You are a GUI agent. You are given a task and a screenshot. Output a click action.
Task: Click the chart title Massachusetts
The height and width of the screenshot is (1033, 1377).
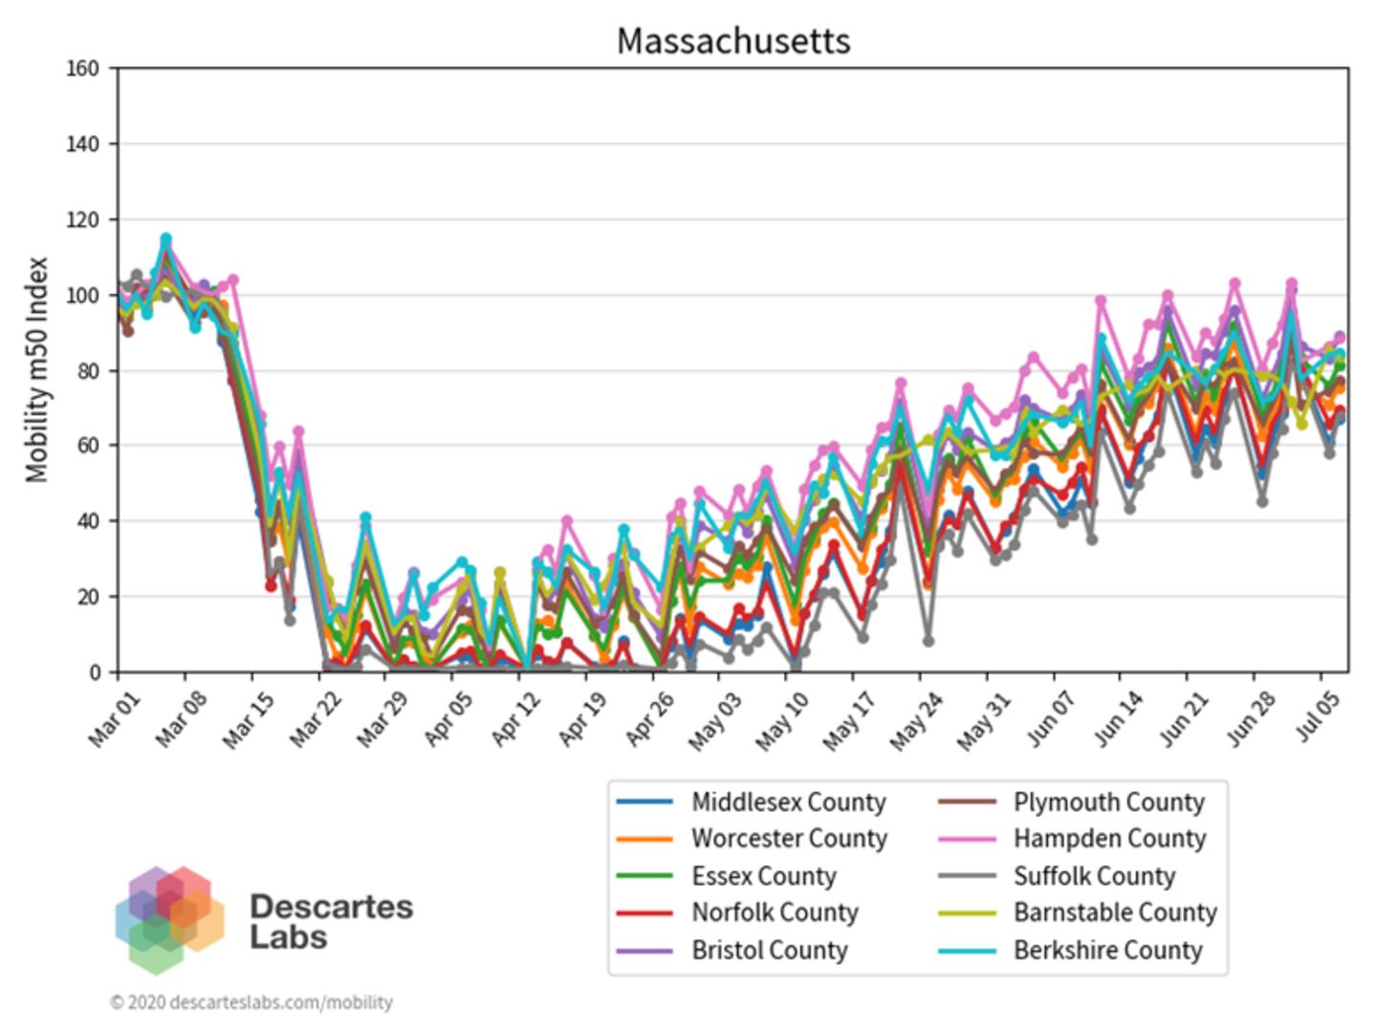(732, 41)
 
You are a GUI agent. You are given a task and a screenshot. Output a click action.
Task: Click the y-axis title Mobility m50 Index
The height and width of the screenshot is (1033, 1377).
(36, 369)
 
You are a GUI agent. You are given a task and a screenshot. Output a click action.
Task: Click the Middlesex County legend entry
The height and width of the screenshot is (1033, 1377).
(788, 802)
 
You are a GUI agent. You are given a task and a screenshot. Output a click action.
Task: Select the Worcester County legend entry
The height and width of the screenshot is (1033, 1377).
(789, 839)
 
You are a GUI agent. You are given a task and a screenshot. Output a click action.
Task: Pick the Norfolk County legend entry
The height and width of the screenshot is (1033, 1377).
(775, 912)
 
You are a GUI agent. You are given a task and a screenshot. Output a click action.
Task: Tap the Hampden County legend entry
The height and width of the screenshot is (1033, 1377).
(1109, 839)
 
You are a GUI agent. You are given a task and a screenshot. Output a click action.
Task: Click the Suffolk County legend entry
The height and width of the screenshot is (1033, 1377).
(1094, 876)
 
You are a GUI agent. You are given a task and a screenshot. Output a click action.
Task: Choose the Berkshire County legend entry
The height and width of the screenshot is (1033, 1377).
(1107, 950)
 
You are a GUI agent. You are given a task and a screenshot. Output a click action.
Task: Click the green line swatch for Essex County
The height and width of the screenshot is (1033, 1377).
(645, 876)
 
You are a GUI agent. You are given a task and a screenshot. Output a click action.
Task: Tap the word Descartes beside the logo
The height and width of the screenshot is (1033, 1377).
(331, 906)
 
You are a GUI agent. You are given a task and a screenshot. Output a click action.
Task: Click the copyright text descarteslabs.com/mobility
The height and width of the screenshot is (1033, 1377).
(251, 1002)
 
